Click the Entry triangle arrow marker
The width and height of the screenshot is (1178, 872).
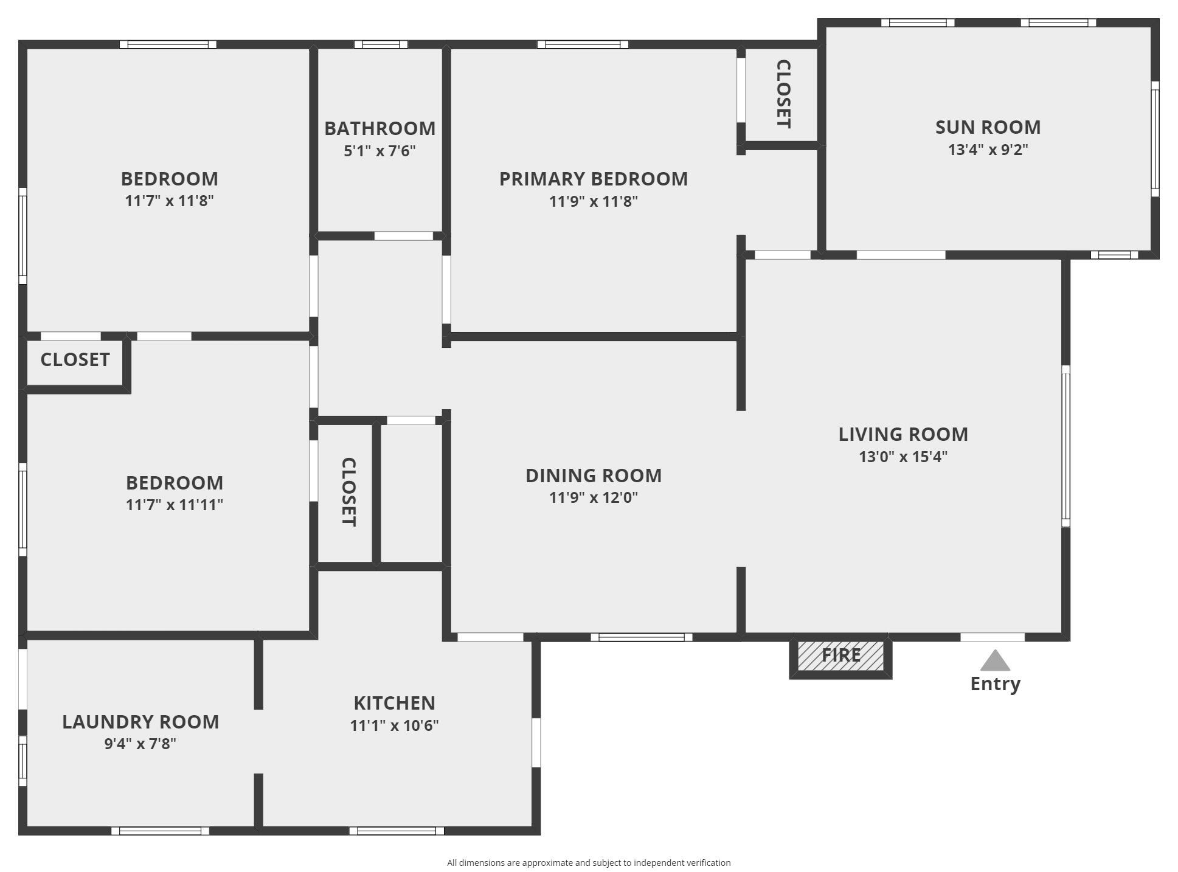point(995,660)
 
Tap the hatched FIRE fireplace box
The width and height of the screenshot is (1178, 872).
point(840,656)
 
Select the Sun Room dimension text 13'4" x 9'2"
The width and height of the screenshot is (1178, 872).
point(988,150)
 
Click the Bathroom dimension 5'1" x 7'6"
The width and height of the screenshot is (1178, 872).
point(379,151)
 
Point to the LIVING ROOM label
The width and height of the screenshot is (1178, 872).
point(903,434)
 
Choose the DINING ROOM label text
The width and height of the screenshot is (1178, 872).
point(594,476)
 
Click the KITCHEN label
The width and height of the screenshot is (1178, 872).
point(394,703)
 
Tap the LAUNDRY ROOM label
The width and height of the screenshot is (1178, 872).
point(140,722)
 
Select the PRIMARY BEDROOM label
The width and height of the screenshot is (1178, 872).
point(594,179)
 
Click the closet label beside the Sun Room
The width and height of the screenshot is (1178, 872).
point(783,94)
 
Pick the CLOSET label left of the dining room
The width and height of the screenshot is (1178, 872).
point(348,492)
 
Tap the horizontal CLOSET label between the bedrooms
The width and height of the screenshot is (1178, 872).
point(75,359)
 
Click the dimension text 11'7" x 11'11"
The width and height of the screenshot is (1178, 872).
point(175,505)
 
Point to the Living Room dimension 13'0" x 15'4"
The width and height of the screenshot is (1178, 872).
point(903,457)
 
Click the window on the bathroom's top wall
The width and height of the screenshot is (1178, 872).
point(381,44)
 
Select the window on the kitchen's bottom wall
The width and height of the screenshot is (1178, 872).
point(397,831)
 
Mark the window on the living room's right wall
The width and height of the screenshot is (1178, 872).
point(1065,446)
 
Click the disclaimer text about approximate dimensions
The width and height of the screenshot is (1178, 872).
point(589,862)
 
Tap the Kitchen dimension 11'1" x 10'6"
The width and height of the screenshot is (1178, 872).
point(394,725)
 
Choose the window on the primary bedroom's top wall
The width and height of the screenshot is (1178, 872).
point(583,44)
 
